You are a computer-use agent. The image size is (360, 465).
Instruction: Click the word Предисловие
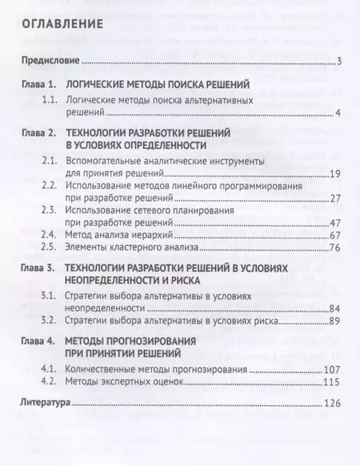pyautogui.click(x=50, y=62)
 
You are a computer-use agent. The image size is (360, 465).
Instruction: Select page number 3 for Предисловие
pyautogui.click(x=340, y=62)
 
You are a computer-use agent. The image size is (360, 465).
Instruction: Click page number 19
pyautogui.click(x=336, y=173)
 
